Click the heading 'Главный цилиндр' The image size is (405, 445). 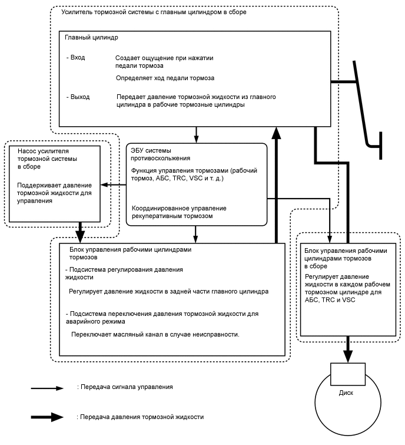click(92, 37)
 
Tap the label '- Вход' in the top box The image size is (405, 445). click(77, 58)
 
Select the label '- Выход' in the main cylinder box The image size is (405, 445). click(78, 97)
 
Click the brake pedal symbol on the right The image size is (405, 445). click(367, 109)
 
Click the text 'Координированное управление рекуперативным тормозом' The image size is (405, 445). click(179, 212)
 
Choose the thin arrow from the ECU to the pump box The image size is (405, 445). click(113, 185)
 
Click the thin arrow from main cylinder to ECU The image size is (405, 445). click(197, 134)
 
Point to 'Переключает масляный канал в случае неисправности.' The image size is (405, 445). click(154, 334)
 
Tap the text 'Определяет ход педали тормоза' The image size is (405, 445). click(165, 78)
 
